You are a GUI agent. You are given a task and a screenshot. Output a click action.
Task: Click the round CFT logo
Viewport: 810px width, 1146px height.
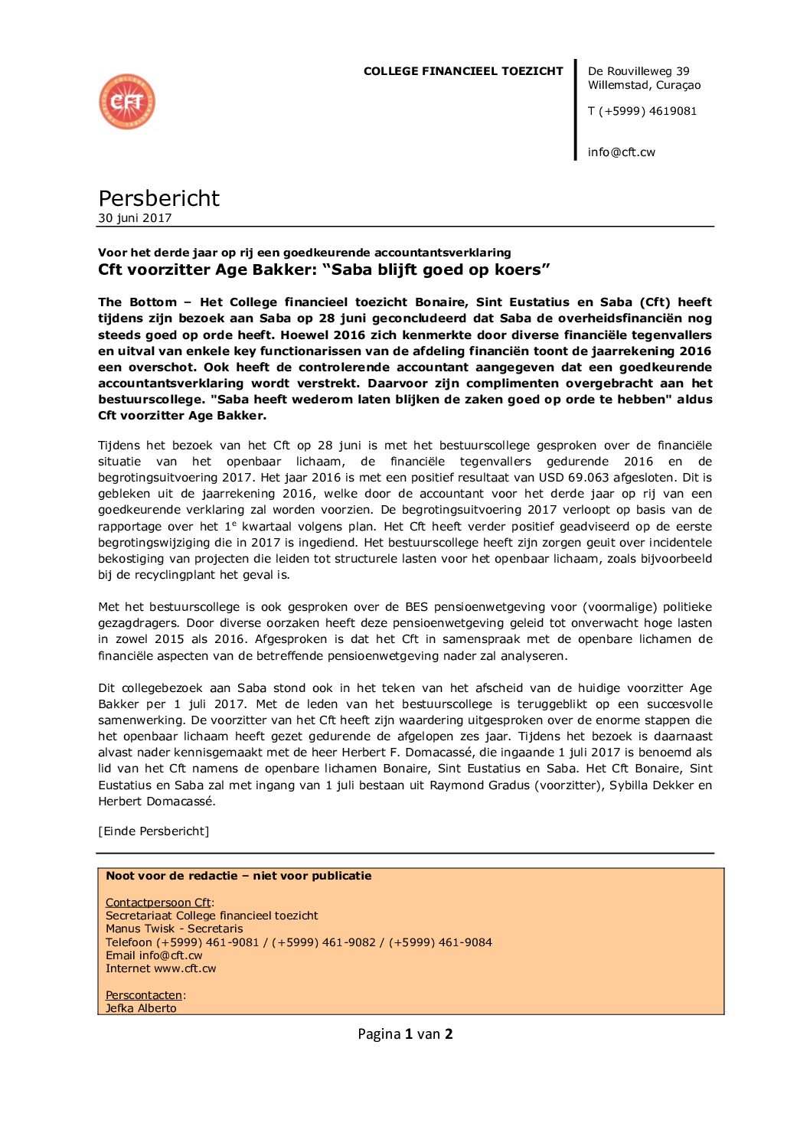pyautogui.click(x=127, y=102)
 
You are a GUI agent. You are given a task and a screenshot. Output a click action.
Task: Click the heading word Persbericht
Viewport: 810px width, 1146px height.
pyautogui.click(x=158, y=198)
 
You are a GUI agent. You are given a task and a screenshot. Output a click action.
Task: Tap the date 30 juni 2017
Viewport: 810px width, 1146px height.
pyautogui.click(x=135, y=218)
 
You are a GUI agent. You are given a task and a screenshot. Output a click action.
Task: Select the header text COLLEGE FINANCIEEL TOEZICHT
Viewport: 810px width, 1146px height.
pyautogui.click(x=463, y=71)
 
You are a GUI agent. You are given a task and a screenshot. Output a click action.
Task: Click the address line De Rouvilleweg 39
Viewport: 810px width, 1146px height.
pyautogui.click(x=639, y=71)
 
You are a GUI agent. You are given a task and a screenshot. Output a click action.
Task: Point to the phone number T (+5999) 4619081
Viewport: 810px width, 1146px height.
pyautogui.click(x=642, y=111)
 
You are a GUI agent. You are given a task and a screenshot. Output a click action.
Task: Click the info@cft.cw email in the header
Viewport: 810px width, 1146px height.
pyautogui.click(x=622, y=152)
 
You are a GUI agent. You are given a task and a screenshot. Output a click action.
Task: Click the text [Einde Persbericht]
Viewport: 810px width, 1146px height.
pyautogui.click(x=153, y=831)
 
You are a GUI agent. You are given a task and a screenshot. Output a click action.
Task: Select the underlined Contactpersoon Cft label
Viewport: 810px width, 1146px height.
pyautogui.click(x=158, y=903)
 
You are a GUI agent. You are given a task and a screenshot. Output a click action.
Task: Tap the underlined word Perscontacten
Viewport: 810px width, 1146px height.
pyautogui.click(x=144, y=995)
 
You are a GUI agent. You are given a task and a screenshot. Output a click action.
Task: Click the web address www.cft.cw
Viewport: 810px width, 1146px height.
pyautogui.click(x=185, y=968)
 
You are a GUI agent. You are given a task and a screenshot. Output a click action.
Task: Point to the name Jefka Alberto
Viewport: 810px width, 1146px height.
pyautogui.click(x=141, y=1008)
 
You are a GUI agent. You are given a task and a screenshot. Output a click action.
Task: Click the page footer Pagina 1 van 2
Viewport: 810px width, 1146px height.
pyautogui.click(x=405, y=1034)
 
